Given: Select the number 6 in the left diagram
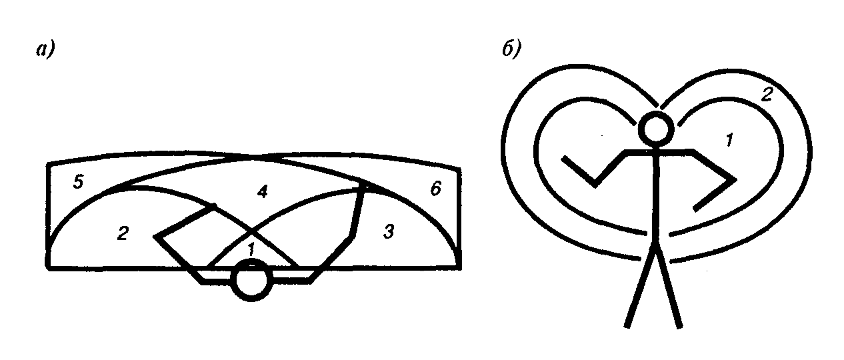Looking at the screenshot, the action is (x=435, y=189).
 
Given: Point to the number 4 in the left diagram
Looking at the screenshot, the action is (x=263, y=193).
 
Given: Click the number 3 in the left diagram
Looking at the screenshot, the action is (x=389, y=232).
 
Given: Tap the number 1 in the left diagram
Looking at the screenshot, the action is (x=251, y=250).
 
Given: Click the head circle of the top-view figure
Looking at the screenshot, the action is (x=251, y=282).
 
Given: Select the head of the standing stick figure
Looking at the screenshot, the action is (x=655, y=129).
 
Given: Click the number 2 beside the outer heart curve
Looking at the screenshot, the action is (x=767, y=95).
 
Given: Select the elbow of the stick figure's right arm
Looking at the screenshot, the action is (x=735, y=179).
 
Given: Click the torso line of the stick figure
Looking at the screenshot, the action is (x=656, y=200).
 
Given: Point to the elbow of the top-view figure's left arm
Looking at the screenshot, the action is (x=157, y=236).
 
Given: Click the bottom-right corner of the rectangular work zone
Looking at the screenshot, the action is (x=459, y=267).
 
